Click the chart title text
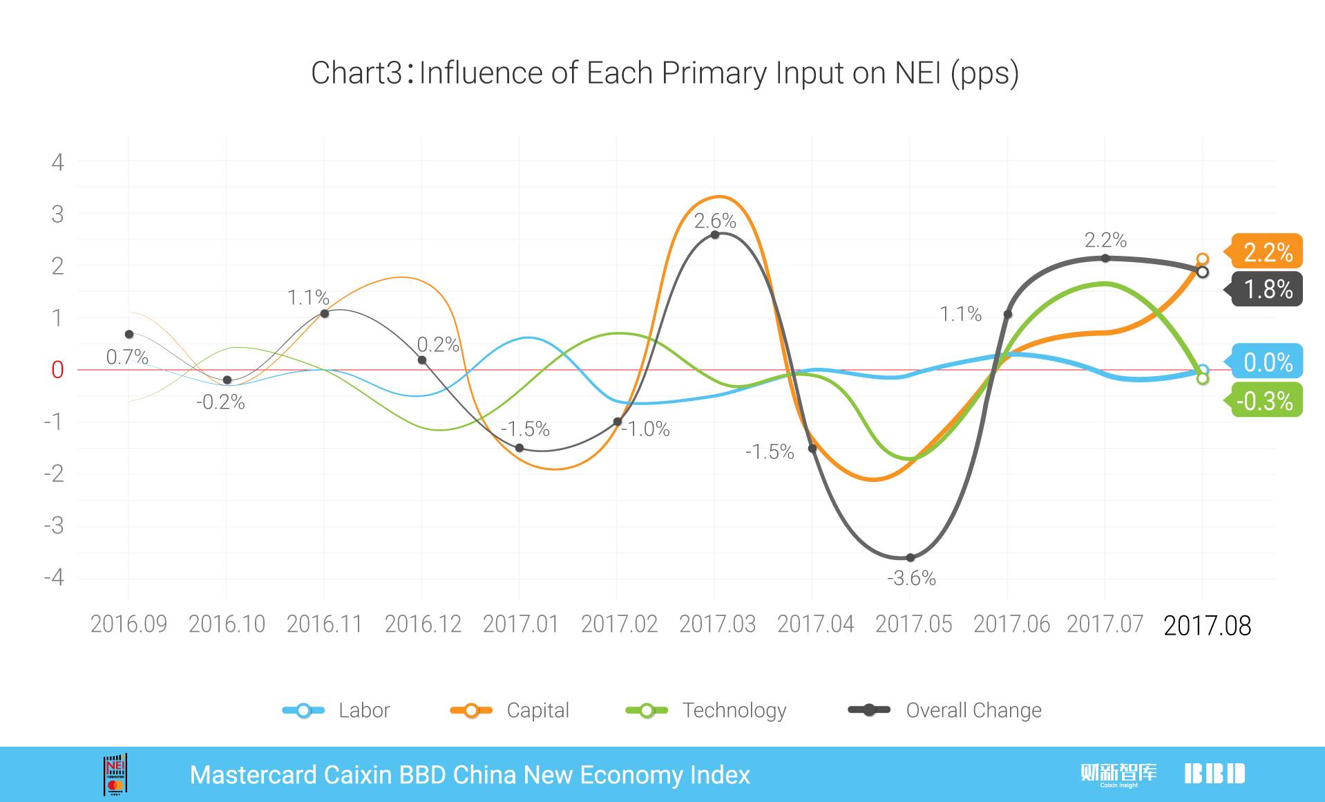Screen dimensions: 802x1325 (665, 73)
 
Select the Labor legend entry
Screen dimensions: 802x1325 (337, 710)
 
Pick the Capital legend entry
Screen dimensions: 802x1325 (510, 710)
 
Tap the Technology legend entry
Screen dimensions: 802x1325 (706, 710)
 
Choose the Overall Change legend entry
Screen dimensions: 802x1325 (945, 710)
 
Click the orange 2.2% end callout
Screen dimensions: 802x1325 (1268, 252)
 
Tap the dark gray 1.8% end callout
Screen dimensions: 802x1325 (1268, 289)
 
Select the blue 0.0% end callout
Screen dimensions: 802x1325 (1268, 362)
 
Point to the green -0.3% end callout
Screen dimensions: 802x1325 (1265, 400)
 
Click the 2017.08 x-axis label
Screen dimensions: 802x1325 (1207, 626)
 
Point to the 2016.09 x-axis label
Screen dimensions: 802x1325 (128, 624)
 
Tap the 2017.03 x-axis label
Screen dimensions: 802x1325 (717, 624)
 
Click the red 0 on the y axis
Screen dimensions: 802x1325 (57, 370)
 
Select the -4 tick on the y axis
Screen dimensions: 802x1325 (54, 577)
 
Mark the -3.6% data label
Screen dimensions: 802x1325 (911, 578)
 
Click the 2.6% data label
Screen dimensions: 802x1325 (715, 221)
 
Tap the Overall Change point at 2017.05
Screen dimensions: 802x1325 (911, 557)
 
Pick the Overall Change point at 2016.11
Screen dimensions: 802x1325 (325, 313)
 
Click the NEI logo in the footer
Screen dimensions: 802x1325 (115, 774)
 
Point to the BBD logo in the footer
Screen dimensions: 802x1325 (1214, 774)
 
